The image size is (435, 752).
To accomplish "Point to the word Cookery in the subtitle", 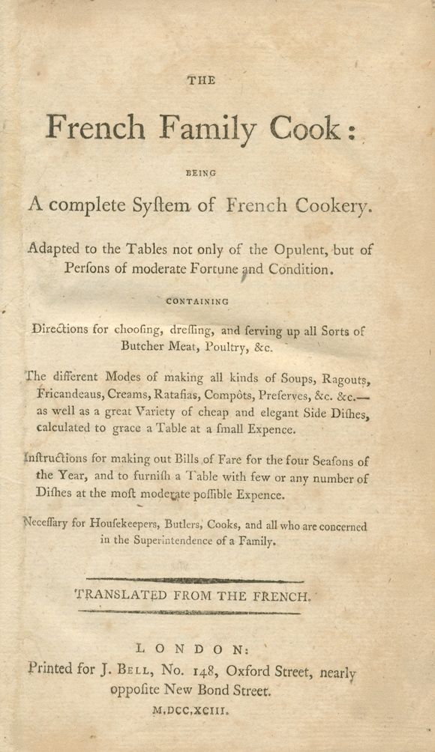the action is coord(331,204).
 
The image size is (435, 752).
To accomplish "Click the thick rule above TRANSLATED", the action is coord(196,580).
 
